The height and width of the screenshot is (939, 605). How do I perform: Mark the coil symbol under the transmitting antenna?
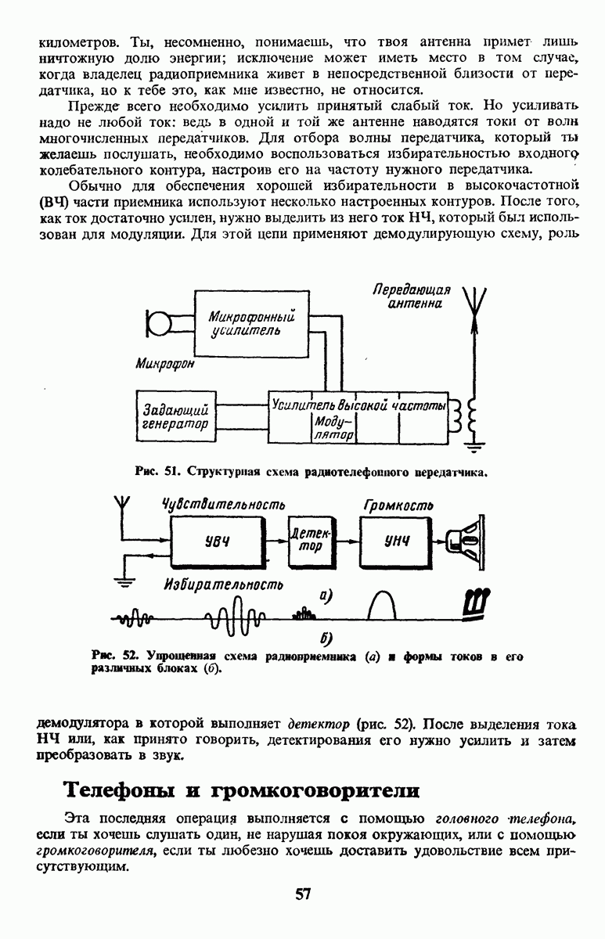pyautogui.click(x=472, y=419)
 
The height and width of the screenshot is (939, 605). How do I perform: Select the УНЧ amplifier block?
pyautogui.click(x=399, y=541)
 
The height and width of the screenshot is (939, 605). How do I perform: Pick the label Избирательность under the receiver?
pyautogui.click(x=223, y=584)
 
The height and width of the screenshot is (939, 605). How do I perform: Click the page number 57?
pyautogui.click(x=303, y=894)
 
